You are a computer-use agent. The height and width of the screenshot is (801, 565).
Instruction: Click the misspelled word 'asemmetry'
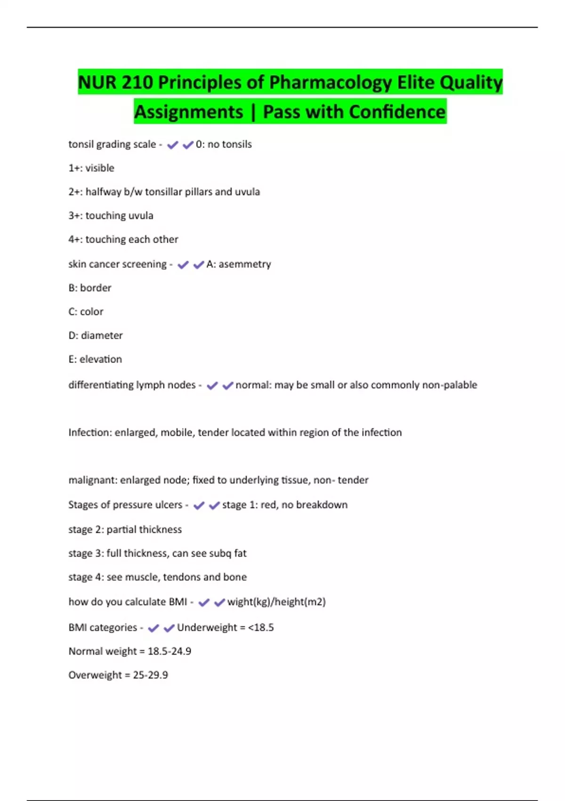(245, 264)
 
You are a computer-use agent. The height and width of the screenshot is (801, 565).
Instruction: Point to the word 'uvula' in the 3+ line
(140, 216)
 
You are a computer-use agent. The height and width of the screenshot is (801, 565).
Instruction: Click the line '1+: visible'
(91, 168)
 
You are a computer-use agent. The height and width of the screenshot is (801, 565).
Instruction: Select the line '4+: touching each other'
(123, 239)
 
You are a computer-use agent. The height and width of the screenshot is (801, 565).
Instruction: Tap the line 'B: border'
(90, 288)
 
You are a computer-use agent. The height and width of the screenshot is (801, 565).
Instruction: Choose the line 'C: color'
(86, 312)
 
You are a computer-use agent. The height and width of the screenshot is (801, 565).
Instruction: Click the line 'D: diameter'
(96, 335)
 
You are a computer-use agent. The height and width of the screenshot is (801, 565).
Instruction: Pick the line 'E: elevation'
(95, 360)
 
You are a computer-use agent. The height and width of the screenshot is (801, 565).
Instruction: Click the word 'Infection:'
(90, 433)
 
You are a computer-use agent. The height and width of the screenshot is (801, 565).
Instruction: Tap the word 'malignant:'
(93, 480)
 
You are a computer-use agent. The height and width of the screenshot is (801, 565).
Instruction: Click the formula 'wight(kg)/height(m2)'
(276, 602)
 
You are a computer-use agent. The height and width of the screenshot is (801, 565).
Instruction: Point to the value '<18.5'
(261, 628)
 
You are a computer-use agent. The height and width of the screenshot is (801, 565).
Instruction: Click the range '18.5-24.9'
(169, 651)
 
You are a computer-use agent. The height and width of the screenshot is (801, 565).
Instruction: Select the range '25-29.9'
(150, 675)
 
